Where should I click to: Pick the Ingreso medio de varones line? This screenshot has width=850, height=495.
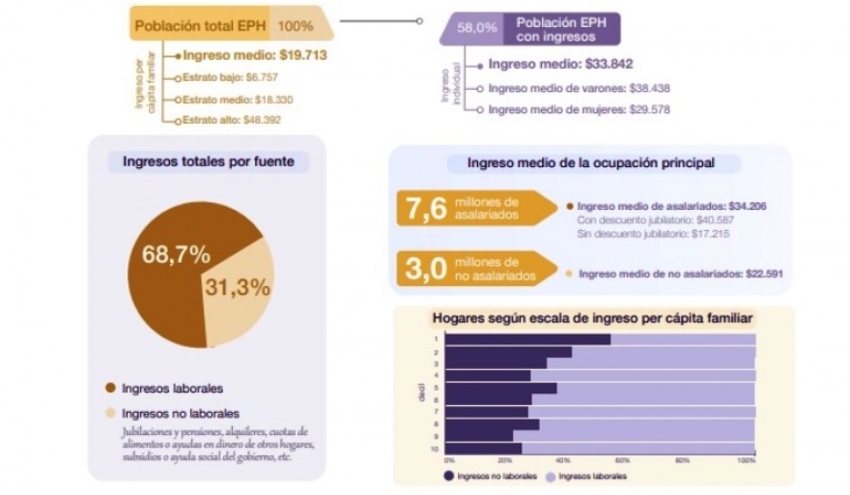579,88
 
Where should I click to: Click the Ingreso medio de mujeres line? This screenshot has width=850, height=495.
579,110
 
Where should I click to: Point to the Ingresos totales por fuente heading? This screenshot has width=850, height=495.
209,161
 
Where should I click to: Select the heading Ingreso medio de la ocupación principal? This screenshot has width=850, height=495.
591,162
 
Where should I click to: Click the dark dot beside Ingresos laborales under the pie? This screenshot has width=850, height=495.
109,389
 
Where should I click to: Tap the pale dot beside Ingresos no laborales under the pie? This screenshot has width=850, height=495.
109,414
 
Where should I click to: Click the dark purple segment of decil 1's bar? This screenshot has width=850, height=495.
529,338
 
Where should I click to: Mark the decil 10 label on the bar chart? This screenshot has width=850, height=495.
437,449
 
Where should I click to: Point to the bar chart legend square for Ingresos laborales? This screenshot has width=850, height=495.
551,476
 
